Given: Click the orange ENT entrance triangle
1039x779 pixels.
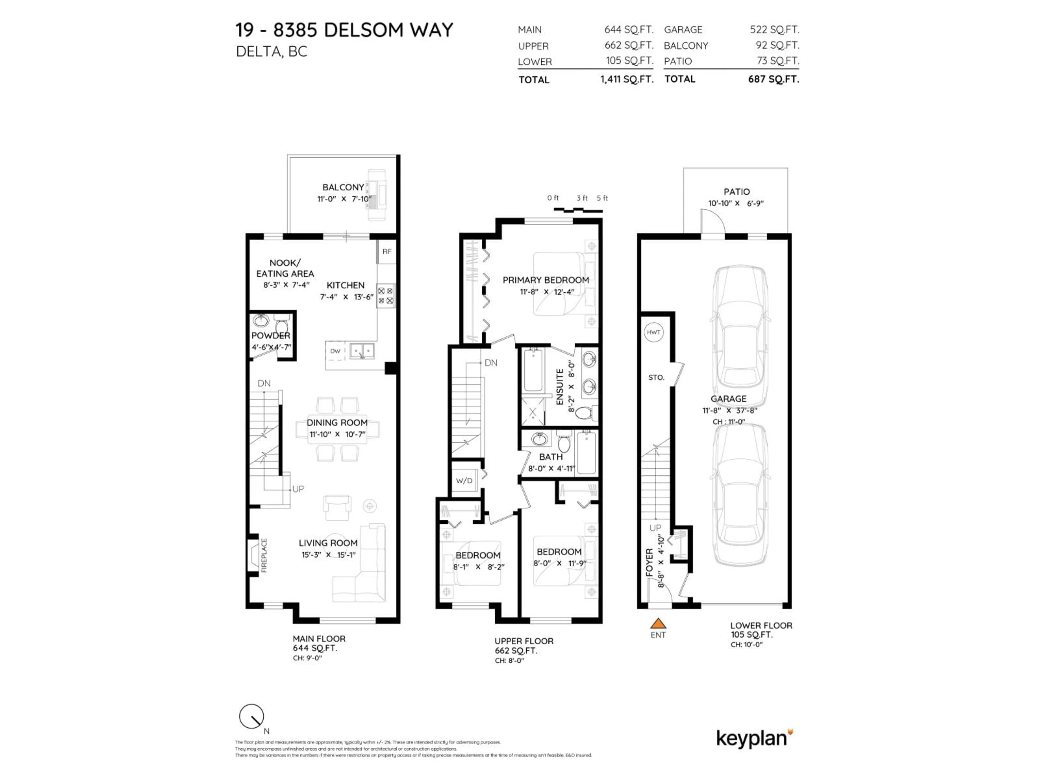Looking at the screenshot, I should point(658,623).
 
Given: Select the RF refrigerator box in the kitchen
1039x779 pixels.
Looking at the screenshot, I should point(387,252).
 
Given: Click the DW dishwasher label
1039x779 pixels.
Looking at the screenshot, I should point(335,351).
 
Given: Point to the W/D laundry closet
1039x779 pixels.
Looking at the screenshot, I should point(464,480).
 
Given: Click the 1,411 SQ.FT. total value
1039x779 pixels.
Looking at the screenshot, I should point(627,79).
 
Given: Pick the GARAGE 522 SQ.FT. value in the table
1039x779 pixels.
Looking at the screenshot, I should point(774,29).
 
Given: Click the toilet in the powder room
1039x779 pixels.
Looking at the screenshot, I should point(282,325).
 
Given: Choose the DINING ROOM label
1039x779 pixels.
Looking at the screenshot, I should point(337,422).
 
